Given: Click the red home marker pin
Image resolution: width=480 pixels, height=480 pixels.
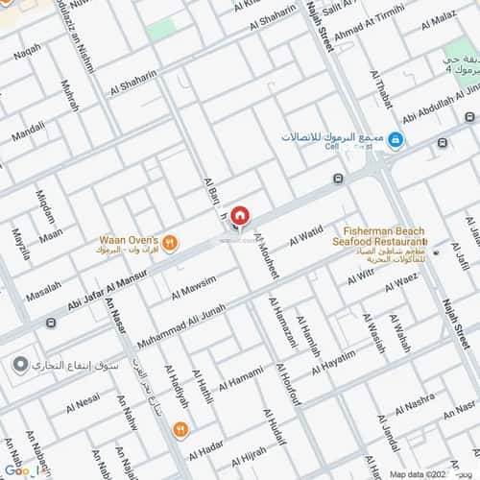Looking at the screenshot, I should [240, 215].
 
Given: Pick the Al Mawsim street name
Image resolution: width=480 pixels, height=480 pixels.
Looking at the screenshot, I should [194, 286].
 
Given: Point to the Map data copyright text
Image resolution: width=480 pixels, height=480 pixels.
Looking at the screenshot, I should [420, 473].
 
